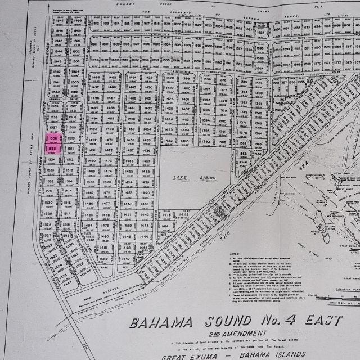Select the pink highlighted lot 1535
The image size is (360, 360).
[53, 150]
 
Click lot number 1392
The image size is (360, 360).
[206, 142]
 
